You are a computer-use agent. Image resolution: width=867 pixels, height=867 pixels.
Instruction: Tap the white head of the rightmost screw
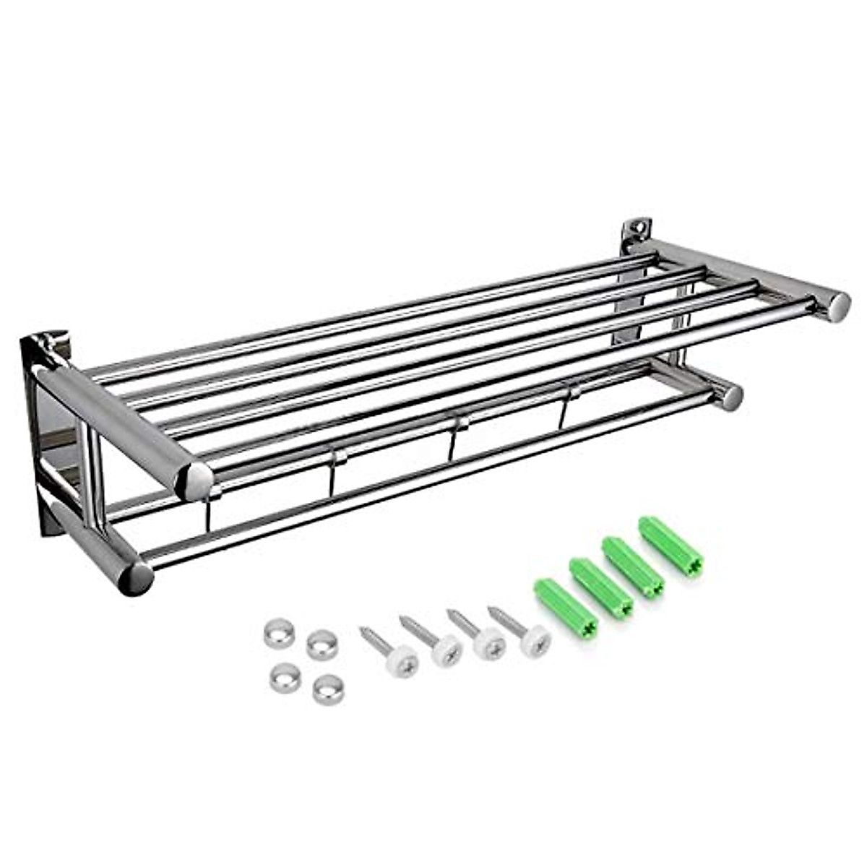pyautogui.click(x=535, y=637)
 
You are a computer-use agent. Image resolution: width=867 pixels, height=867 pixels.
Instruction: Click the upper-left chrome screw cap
pyautogui.click(x=280, y=634)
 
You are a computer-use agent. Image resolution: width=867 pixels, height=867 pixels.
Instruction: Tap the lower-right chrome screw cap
pyautogui.click(x=329, y=689)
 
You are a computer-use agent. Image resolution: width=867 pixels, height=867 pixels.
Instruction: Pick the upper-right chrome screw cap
pyautogui.click(x=322, y=644)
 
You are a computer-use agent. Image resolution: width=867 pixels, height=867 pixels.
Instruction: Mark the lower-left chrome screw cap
pyautogui.click(x=285, y=677)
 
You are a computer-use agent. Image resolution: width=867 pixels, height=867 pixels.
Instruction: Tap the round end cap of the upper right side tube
pyautogui.click(x=838, y=306)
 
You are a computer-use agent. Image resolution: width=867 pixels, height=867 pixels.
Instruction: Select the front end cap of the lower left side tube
pyautogui.click(x=135, y=578)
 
